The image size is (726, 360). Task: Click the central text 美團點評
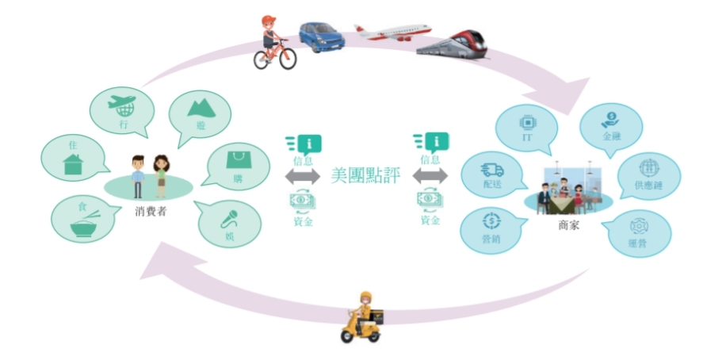366,175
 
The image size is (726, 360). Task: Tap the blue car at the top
322,36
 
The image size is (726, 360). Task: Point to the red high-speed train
453,46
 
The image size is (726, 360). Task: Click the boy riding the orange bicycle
274,43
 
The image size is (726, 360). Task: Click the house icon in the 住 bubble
74,164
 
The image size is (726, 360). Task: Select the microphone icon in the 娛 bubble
230,219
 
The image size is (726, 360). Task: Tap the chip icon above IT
526,122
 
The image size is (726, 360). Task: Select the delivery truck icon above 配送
491,170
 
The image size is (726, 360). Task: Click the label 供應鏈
648,186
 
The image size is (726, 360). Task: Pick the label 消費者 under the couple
151,213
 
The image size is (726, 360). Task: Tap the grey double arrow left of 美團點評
303,176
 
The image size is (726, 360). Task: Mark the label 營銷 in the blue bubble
491,240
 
